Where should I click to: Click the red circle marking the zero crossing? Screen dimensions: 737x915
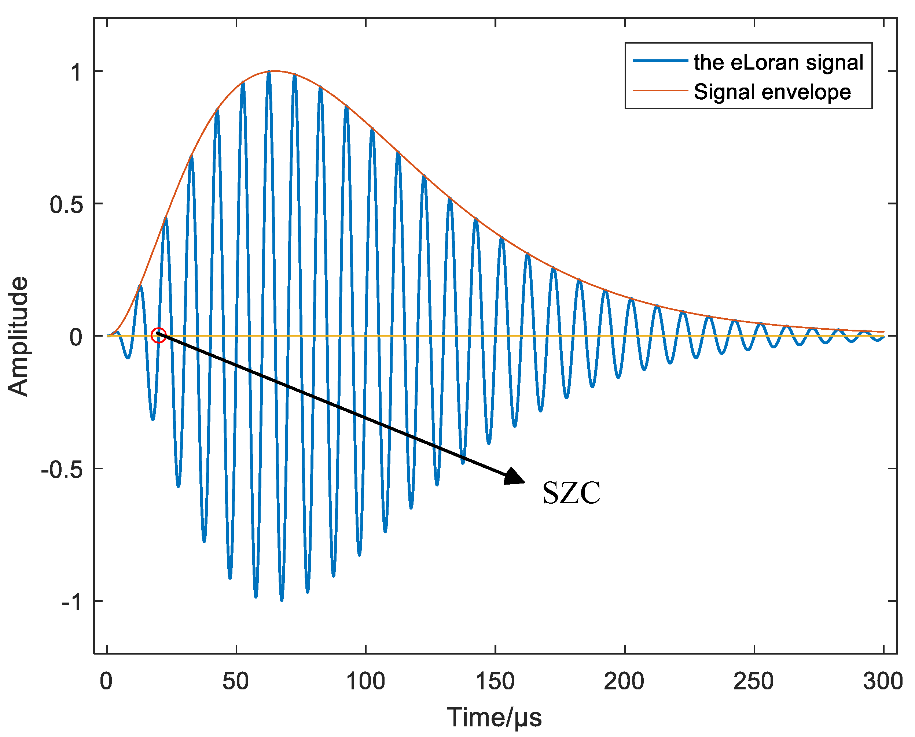(x=158, y=336)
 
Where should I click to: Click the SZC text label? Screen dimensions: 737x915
(x=572, y=493)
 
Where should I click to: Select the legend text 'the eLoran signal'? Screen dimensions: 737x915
(x=778, y=62)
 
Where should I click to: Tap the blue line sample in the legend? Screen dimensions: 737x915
(x=660, y=61)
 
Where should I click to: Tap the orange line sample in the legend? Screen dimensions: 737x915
(x=660, y=90)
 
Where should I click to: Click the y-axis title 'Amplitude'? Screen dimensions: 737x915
(x=18, y=336)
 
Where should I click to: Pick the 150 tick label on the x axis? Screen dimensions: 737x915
(x=495, y=681)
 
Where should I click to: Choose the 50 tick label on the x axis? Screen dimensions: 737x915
(x=236, y=681)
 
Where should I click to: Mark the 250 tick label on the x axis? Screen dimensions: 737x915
(x=754, y=681)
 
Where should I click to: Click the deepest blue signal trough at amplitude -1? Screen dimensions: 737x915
(x=282, y=599)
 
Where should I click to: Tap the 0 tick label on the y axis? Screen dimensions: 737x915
(x=76, y=337)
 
